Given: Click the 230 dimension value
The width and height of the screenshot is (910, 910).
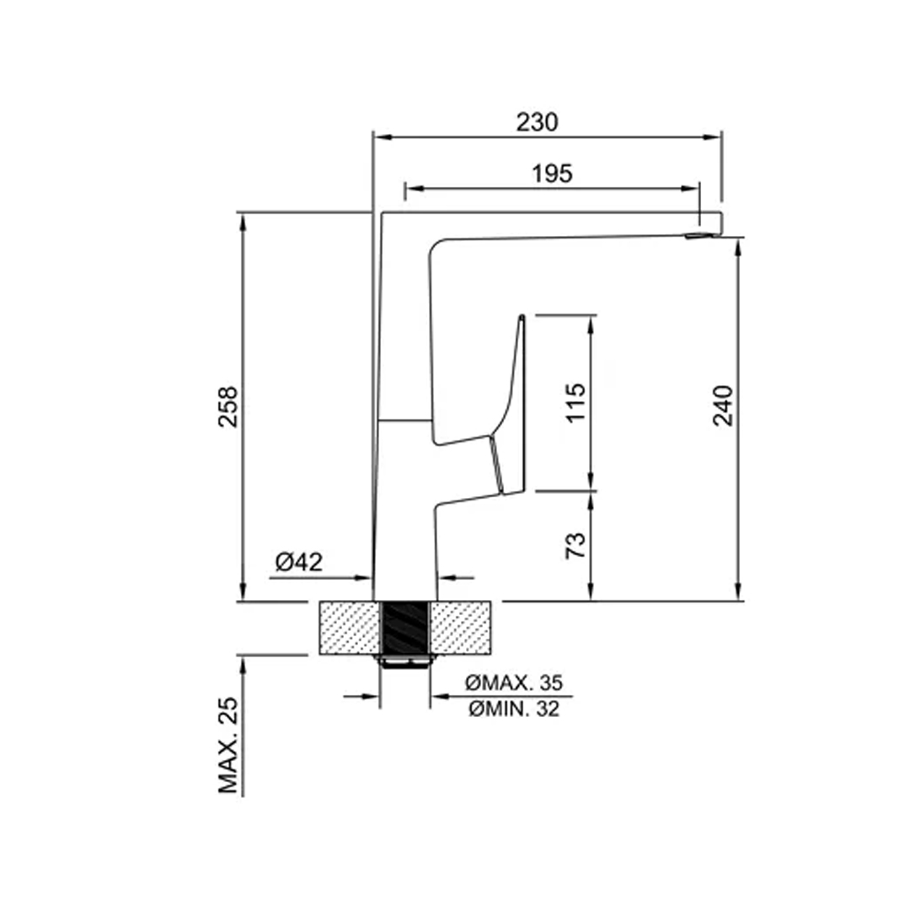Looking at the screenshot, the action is click(x=537, y=122).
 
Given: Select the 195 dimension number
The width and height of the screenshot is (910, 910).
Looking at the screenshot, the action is click(x=552, y=173).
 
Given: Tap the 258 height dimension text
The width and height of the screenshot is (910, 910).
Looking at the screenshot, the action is click(x=228, y=407).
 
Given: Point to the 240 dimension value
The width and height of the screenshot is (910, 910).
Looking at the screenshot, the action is click(x=723, y=405).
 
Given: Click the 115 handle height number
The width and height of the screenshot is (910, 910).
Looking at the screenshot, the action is click(x=575, y=402).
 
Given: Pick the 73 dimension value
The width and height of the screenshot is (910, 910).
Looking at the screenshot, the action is click(x=575, y=545).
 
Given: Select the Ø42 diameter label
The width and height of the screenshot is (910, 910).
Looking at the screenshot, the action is click(x=299, y=561).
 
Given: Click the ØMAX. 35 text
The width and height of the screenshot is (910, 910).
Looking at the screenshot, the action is click(x=514, y=682).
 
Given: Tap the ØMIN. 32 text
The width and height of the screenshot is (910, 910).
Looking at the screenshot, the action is click(x=514, y=709).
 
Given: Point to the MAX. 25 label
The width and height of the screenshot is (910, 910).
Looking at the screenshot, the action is click(x=228, y=745).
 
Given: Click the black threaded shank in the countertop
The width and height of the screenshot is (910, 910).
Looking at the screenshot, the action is click(x=405, y=628).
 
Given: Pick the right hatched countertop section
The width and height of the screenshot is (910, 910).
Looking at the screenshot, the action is click(x=461, y=628).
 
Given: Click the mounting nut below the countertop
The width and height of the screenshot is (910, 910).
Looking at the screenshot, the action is click(x=405, y=661).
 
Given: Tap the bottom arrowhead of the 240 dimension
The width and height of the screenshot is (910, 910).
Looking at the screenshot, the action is click(x=738, y=591).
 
